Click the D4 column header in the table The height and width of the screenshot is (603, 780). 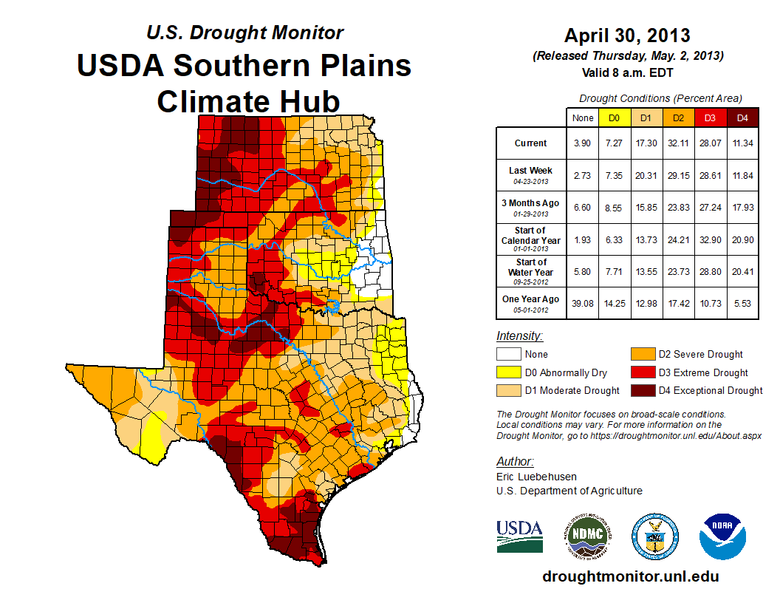coord(742,117)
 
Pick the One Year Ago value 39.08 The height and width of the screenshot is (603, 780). coord(583,303)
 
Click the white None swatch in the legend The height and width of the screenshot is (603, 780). coord(508,355)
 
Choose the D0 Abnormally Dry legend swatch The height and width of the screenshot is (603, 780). coord(508,372)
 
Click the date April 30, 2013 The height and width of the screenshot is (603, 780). coord(627,35)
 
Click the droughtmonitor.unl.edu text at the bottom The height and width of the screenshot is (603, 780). coord(630,576)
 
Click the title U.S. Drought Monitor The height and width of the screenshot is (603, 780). coord(244,33)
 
